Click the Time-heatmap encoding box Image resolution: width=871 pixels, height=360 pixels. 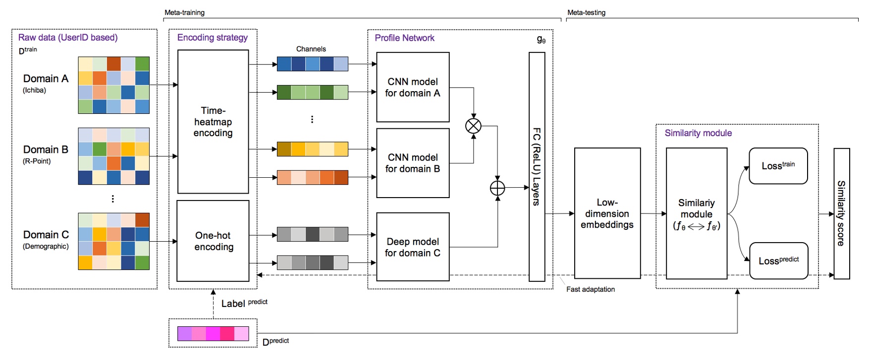click(x=213, y=121)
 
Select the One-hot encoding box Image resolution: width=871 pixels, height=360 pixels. click(x=213, y=241)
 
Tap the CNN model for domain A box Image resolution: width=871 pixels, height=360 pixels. click(x=413, y=87)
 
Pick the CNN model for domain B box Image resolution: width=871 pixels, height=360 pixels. click(x=413, y=163)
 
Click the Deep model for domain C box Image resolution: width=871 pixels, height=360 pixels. click(x=413, y=247)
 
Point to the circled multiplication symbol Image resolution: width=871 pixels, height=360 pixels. click(x=473, y=126)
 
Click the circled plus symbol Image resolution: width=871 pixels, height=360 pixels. click(x=497, y=188)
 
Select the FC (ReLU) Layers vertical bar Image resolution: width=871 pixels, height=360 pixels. click(x=537, y=166)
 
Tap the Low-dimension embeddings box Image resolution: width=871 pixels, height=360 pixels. click(x=607, y=213)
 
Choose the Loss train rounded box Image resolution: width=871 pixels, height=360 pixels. click(x=778, y=166)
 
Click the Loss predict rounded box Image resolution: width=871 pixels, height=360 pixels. click(x=778, y=260)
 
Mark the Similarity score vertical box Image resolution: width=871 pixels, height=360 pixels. click(x=841, y=213)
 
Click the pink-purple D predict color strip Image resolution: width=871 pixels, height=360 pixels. click(x=213, y=333)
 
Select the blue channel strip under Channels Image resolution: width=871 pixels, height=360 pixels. click(x=312, y=64)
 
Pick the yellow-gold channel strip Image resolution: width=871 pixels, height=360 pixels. click(x=312, y=149)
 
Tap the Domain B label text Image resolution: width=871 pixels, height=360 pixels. click(x=46, y=150)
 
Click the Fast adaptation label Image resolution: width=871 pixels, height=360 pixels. click(x=590, y=289)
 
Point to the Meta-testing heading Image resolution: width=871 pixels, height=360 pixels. click(x=586, y=12)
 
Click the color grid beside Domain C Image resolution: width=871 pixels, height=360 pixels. click(x=113, y=241)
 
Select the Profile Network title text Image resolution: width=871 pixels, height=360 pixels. click(x=404, y=38)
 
